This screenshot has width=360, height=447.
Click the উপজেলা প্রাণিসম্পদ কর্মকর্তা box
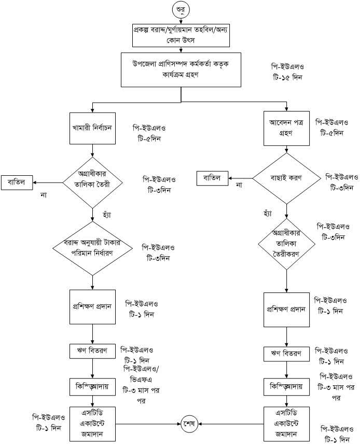181,69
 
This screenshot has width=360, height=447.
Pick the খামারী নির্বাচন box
92,126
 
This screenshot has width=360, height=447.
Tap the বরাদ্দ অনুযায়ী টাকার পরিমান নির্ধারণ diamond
92,252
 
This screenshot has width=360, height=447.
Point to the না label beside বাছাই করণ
239,185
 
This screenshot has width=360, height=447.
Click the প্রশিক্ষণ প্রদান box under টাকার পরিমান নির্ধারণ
92,305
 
